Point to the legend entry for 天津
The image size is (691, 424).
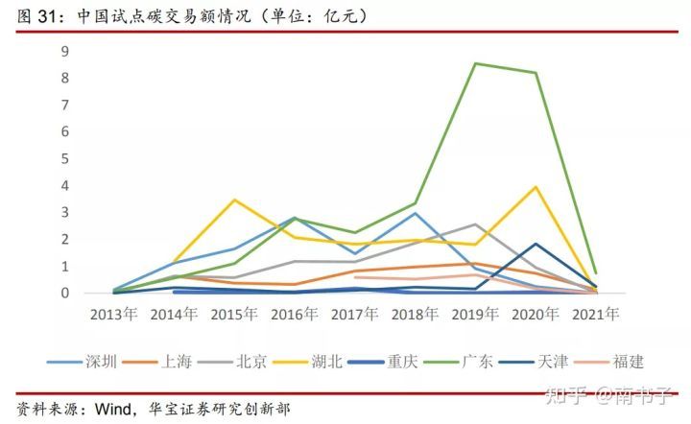point(552,362)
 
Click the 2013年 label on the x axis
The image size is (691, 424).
point(113,314)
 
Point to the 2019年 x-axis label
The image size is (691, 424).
point(475,314)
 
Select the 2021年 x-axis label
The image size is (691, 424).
point(595,314)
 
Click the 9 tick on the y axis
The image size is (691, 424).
point(65,51)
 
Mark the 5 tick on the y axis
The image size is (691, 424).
point(65,158)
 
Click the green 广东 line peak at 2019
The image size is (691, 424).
point(475,63)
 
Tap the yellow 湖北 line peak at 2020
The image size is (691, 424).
point(536,187)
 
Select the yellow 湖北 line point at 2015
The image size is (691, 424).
point(234,200)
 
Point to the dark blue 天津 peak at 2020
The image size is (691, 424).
point(536,244)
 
